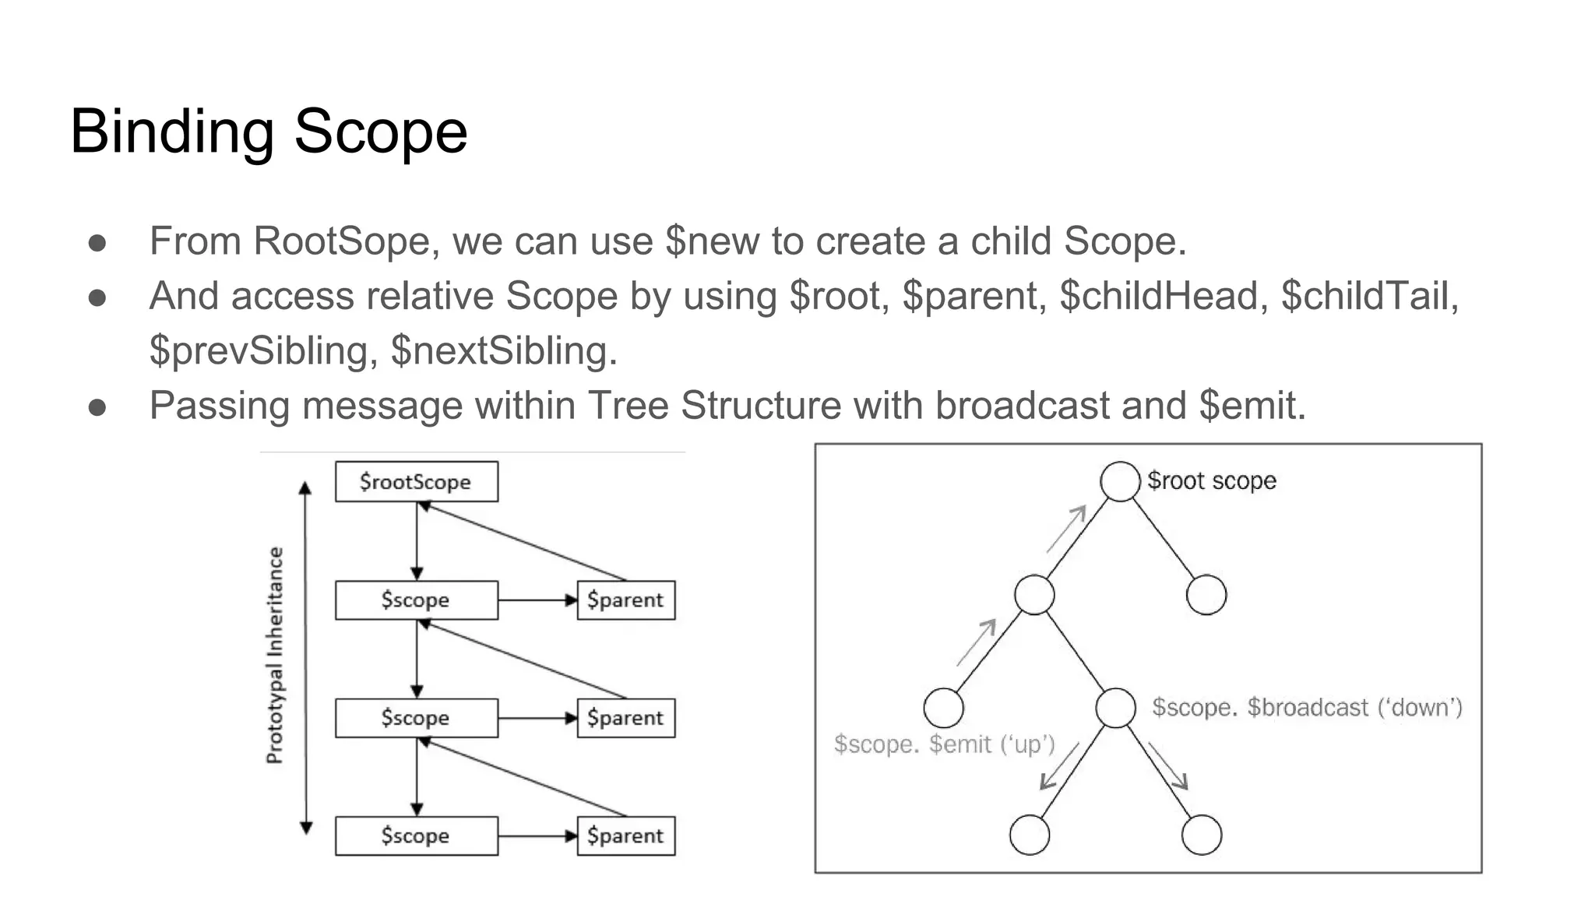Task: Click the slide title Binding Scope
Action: (269, 132)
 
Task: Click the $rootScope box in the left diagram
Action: (416, 482)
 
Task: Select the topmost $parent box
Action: (625, 600)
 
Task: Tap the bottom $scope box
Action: (416, 835)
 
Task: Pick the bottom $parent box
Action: (625, 835)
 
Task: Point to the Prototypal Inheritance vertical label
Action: (275, 655)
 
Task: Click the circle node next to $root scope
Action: (1120, 481)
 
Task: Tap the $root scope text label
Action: (1212, 481)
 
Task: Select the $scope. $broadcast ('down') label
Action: (1307, 708)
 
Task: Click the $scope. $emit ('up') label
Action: (944, 744)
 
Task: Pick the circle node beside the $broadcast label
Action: (1115, 708)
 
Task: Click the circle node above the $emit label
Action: (943, 708)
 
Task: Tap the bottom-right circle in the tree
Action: (1201, 835)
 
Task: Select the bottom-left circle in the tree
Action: (1029, 835)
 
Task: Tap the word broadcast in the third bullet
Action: (1022, 406)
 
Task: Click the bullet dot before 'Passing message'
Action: (97, 407)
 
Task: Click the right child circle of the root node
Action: (1206, 595)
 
